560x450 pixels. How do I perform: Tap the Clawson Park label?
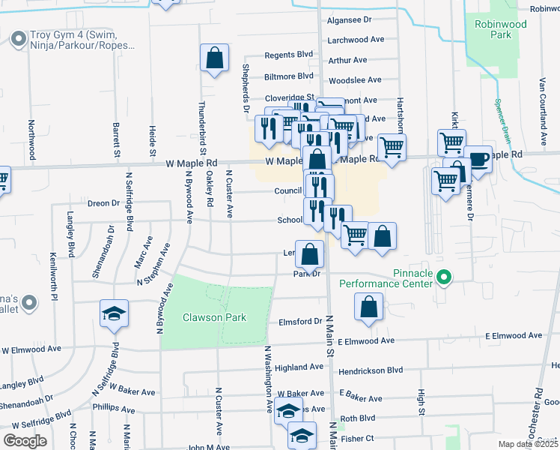pyautogui.click(x=214, y=317)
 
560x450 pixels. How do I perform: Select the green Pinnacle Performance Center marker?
pyautogui.click(x=443, y=278)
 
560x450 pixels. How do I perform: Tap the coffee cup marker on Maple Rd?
pyautogui.click(x=478, y=160)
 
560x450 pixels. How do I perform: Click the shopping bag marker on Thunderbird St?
pyautogui.click(x=214, y=59)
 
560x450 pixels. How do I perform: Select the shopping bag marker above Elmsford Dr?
pyautogui.click(x=368, y=307)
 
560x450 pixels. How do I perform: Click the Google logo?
pyautogui.click(x=25, y=440)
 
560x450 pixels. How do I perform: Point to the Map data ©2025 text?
pyautogui.click(x=529, y=444)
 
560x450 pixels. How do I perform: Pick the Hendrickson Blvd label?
pyautogui.click(x=371, y=370)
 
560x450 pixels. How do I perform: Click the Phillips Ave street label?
pyautogui.click(x=112, y=410)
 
